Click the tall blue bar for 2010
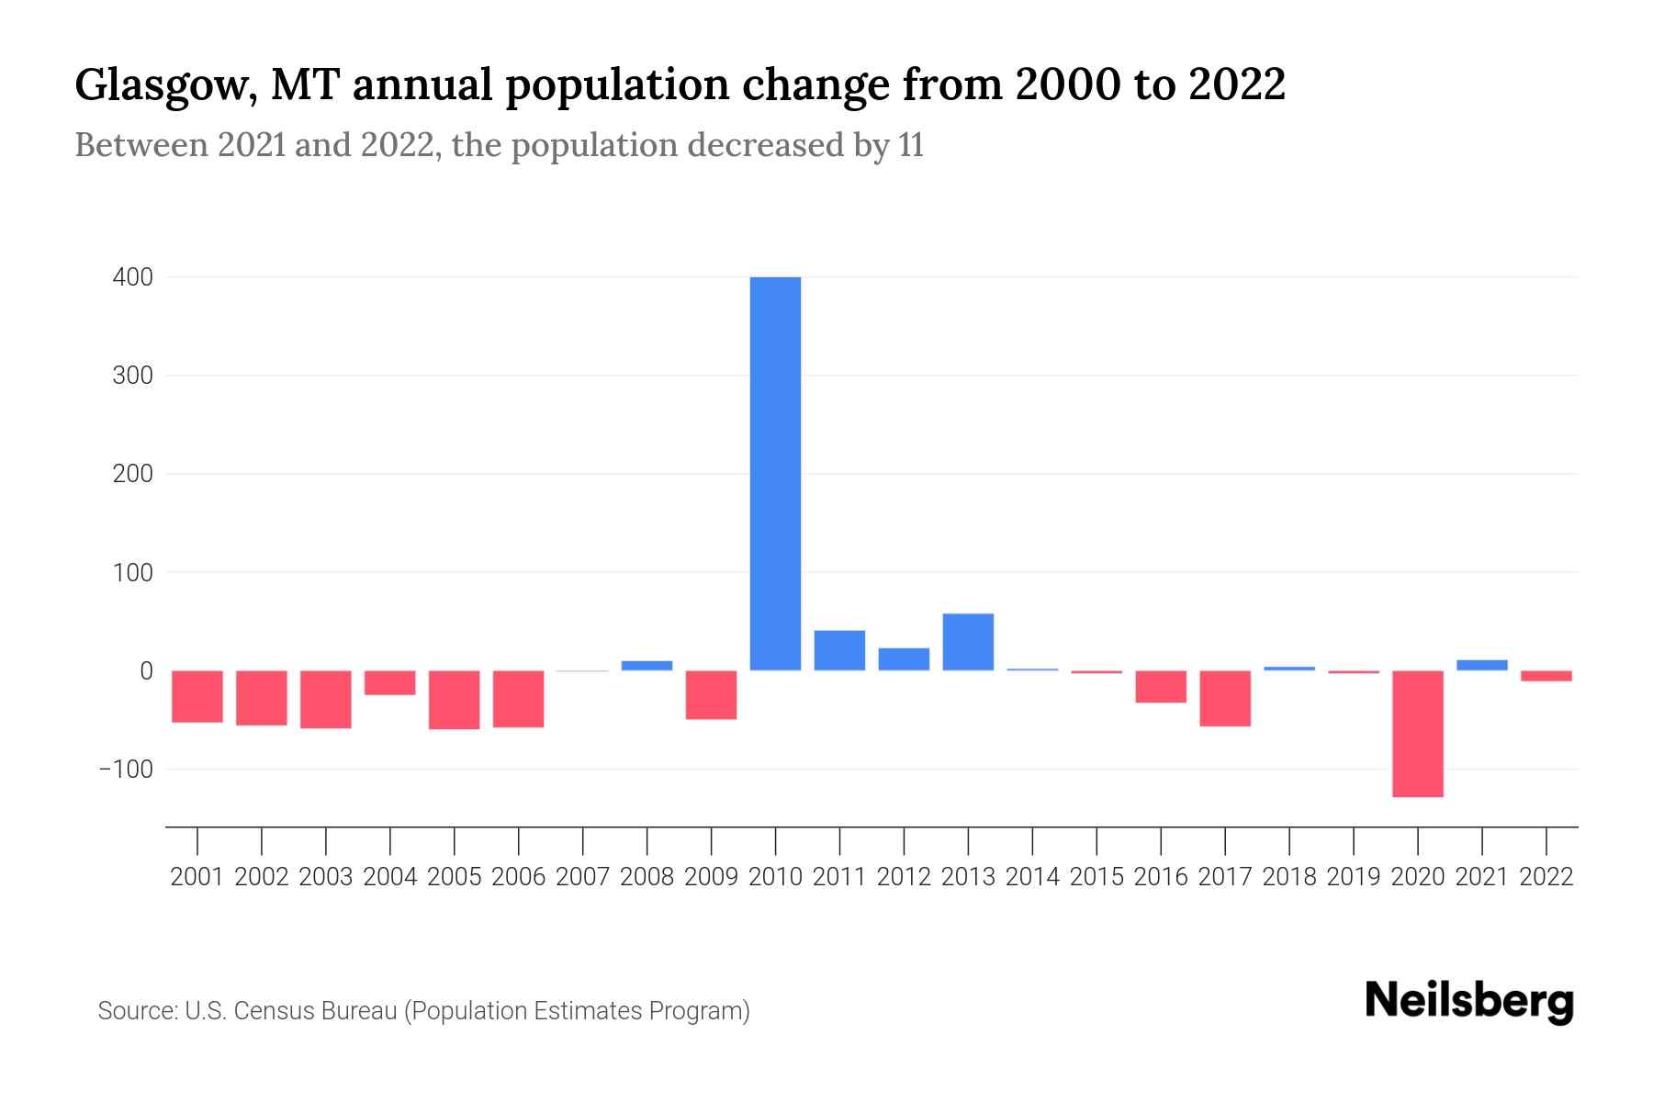tap(775, 473)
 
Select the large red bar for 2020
tap(1418, 733)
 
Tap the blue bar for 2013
tap(968, 642)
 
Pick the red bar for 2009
tap(711, 694)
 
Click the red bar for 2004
tap(390, 682)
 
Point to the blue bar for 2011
tap(839, 650)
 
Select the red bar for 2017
tap(1225, 698)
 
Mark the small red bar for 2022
tap(1546, 676)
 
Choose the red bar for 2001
tap(197, 696)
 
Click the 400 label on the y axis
tap(133, 277)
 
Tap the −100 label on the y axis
tap(126, 769)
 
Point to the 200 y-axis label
tap(133, 474)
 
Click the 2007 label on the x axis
tap(582, 877)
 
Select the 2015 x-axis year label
tap(1096, 877)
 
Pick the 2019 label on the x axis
tap(1354, 877)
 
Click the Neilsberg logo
tap(1469, 1001)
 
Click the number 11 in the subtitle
tap(911, 145)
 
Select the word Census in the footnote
tap(269, 1011)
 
